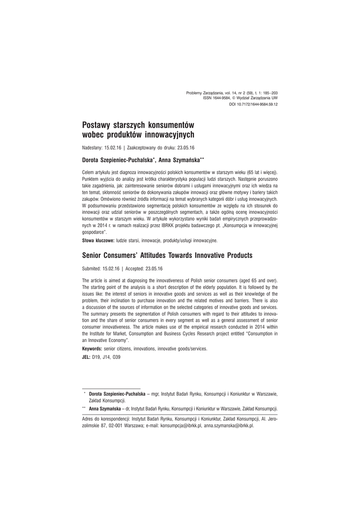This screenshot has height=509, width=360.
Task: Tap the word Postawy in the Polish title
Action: click(96, 124)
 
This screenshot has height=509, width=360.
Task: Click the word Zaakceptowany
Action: click(145, 148)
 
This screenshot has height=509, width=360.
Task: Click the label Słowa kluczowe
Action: click(97, 241)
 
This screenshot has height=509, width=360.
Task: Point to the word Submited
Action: click(92, 268)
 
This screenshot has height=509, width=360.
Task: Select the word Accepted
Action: click(134, 268)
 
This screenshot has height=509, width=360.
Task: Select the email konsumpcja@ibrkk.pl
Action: click(181, 426)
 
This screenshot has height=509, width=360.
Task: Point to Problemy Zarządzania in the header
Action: click(204, 92)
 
